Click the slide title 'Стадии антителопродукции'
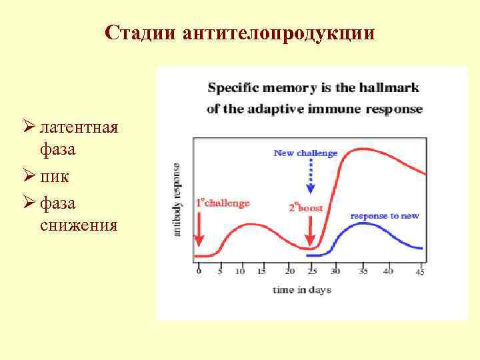[x=240, y=33]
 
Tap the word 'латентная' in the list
[x=79, y=126]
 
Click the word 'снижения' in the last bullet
[x=79, y=225]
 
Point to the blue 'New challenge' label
[x=305, y=153]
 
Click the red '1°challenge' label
[x=223, y=203]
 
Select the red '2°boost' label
[x=306, y=207]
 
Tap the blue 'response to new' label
[x=384, y=216]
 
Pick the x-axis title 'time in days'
[x=301, y=289]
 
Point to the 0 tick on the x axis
[x=198, y=271]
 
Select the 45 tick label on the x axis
[x=419, y=271]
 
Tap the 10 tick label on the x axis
[x=240, y=271]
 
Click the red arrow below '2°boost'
[x=309, y=233]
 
